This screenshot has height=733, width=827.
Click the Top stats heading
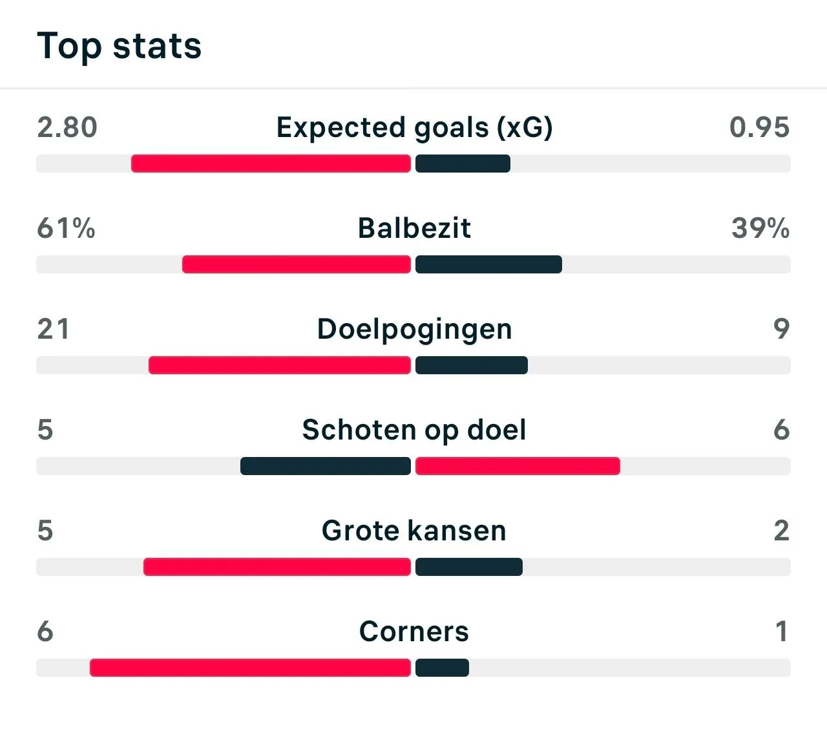pyautogui.click(x=120, y=47)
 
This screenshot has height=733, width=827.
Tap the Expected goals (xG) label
pyautogui.click(x=414, y=127)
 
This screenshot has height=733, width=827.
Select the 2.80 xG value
pyautogui.click(x=67, y=127)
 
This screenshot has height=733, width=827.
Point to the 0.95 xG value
pyautogui.click(x=759, y=127)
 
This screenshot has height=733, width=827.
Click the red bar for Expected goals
pyautogui.click(x=271, y=164)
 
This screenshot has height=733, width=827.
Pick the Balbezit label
pyautogui.click(x=414, y=228)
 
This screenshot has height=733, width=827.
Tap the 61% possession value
pyautogui.click(x=66, y=228)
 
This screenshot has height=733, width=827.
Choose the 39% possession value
pyautogui.click(x=760, y=228)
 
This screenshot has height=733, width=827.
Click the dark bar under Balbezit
pyautogui.click(x=488, y=264)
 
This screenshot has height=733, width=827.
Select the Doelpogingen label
pyautogui.click(x=414, y=330)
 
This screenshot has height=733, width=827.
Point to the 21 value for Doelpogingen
pyautogui.click(x=53, y=329)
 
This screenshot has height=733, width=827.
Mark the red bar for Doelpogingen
pyautogui.click(x=280, y=365)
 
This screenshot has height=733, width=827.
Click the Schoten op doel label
pyautogui.click(x=414, y=430)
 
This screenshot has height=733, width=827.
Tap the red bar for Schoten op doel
pyautogui.click(x=518, y=466)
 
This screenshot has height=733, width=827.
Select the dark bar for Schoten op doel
pyautogui.click(x=326, y=466)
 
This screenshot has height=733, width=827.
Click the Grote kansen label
pyautogui.click(x=414, y=531)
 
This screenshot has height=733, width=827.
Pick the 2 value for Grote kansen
pyautogui.click(x=781, y=531)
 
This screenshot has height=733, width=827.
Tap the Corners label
pyautogui.click(x=414, y=632)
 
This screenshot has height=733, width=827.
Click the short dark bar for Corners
pyautogui.click(x=442, y=668)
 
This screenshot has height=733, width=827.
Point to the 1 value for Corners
pyautogui.click(x=782, y=632)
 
